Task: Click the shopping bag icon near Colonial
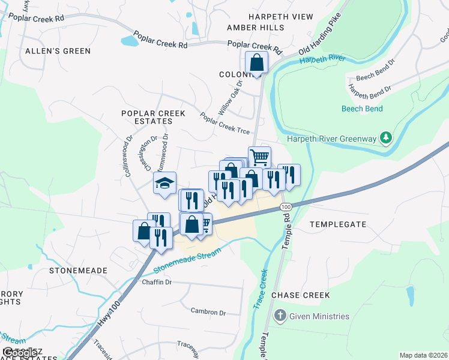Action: [257, 62]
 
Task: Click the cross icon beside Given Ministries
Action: [279, 316]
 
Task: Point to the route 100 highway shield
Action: [285, 206]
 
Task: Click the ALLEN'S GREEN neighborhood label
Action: [58, 51]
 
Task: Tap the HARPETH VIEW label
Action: [270, 16]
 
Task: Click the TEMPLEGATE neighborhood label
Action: [337, 224]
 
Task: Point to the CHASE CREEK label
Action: [301, 295]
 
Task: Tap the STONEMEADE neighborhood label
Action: [78, 271]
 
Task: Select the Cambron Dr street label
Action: [208, 313]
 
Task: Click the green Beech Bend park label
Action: [362, 109]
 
